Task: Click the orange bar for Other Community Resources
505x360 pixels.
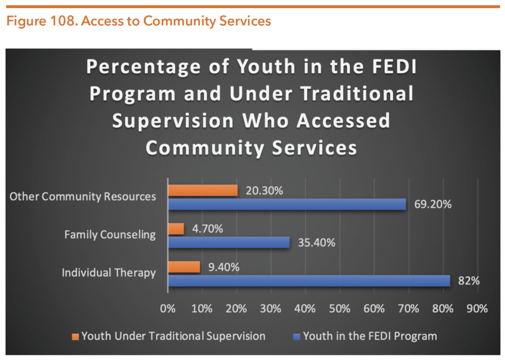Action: click(203, 190)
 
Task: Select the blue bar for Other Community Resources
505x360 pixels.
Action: click(287, 204)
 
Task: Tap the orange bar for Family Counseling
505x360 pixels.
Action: click(176, 228)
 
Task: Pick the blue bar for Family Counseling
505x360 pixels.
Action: click(229, 242)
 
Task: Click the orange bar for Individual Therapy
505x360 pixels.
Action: click(184, 267)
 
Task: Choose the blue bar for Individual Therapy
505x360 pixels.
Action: click(309, 281)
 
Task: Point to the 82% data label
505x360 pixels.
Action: click(469, 281)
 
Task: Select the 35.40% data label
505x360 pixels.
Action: click(316, 242)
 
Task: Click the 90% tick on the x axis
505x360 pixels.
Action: click(477, 309)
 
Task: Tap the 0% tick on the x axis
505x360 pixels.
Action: click(168, 309)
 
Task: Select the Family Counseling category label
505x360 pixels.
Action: click(110, 235)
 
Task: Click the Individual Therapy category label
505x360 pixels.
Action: click(109, 273)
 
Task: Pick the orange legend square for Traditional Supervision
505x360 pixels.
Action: click(76, 337)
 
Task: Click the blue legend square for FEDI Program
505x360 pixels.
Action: click(296, 337)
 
